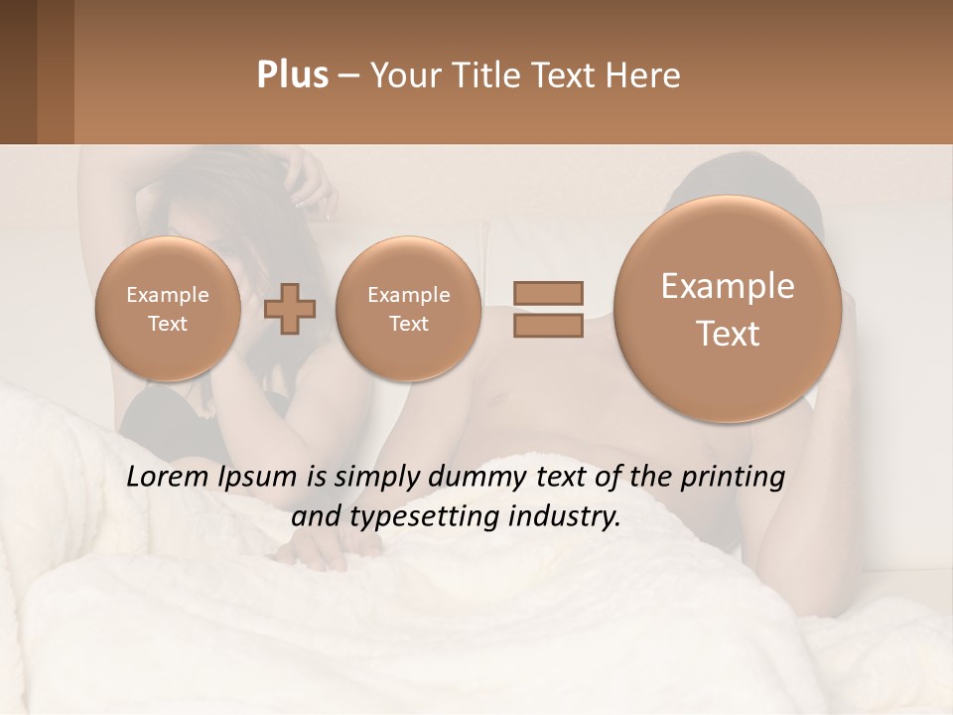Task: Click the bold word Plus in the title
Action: click(292, 75)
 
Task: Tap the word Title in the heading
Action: click(482, 75)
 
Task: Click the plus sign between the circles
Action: click(290, 309)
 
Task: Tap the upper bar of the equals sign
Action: click(548, 293)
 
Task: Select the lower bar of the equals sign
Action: click(548, 326)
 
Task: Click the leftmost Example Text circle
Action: click(168, 309)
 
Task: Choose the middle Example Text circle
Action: click(408, 309)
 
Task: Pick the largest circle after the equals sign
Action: click(728, 309)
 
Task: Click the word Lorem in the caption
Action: click(166, 478)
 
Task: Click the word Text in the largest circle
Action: click(728, 334)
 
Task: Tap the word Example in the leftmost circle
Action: click(168, 295)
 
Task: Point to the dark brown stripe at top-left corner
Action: click(18, 71)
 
